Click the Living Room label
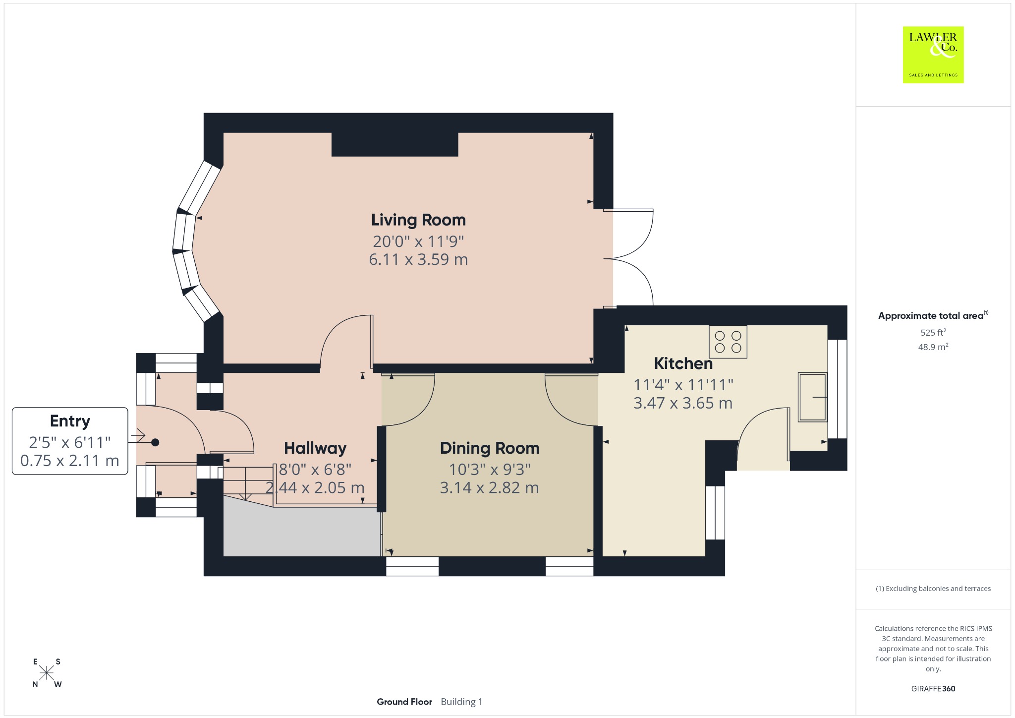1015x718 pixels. coord(418,220)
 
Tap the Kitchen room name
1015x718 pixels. coord(683,363)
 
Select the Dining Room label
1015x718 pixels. coord(490,448)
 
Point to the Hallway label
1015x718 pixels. coord(315,448)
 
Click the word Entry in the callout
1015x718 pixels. coord(70,421)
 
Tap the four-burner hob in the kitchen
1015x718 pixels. coord(728,342)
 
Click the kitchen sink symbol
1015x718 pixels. coord(812,397)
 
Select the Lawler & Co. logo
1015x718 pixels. coord(933,55)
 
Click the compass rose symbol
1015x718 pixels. coord(47,673)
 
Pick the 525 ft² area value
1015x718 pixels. coord(933,332)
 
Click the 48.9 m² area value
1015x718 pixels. coord(933,347)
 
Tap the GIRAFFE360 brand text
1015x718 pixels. coord(933,688)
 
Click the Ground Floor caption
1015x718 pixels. coord(404,702)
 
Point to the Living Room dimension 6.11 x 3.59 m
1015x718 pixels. coord(418,259)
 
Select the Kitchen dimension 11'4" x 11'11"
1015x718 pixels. coord(683,384)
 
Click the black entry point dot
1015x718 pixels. coord(155,442)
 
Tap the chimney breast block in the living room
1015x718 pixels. coord(395,144)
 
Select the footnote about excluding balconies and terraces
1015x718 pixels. coord(933,589)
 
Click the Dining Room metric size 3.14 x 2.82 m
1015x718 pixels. coord(490,488)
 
